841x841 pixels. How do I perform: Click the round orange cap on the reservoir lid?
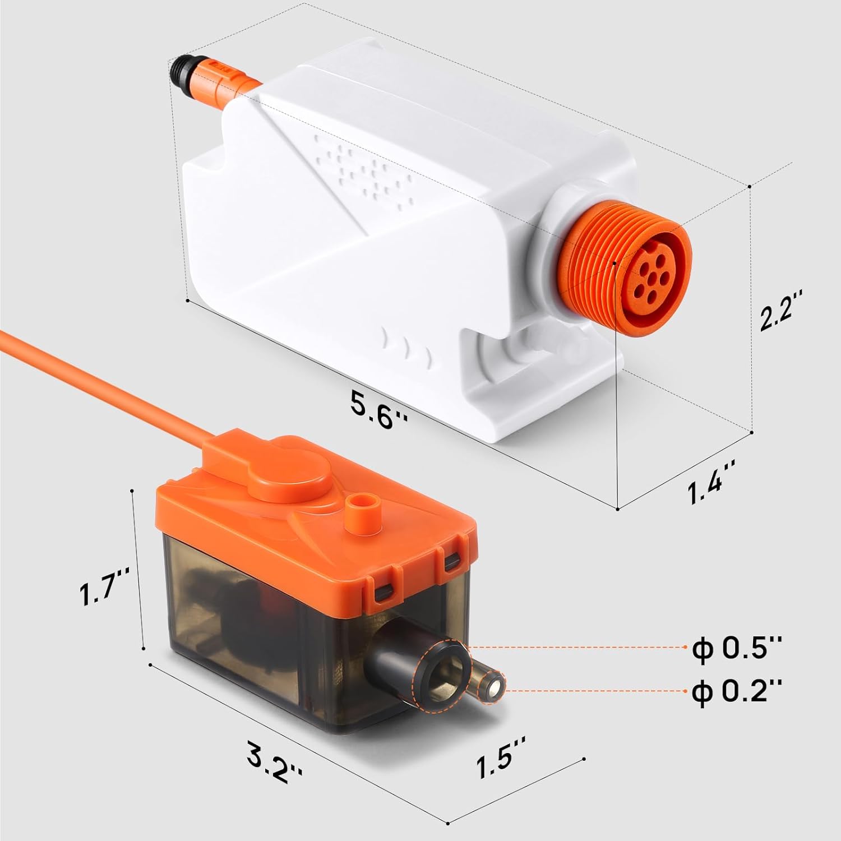click(x=292, y=480)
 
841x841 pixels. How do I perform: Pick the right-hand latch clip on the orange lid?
click(x=451, y=561)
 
